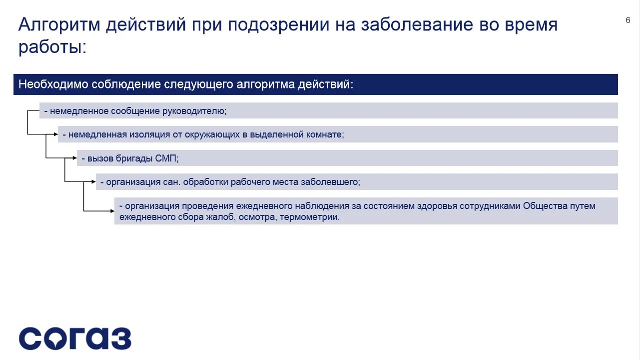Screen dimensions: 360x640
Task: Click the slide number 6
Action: (x=628, y=20)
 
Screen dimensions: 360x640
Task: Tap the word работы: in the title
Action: (x=52, y=47)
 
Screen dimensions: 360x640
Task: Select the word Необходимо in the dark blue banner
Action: (x=53, y=84)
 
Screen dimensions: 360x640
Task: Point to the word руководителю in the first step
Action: (x=194, y=111)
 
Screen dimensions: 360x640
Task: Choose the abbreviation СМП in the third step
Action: (x=167, y=158)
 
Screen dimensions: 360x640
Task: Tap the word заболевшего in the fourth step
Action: (x=330, y=182)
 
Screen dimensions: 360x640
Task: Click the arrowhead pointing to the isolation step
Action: (x=56, y=134)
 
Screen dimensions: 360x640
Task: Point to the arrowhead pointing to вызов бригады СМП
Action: (x=75, y=158)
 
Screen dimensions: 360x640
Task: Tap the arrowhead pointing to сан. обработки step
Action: (x=94, y=181)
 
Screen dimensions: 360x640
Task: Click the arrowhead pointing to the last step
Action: (x=112, y=210)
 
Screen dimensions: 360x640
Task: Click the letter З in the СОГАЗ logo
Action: (x=120, y=338)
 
